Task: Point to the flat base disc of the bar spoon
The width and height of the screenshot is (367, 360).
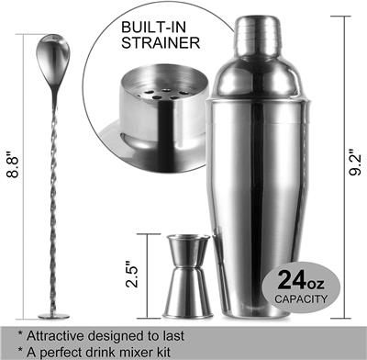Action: click(x=51, y=315)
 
